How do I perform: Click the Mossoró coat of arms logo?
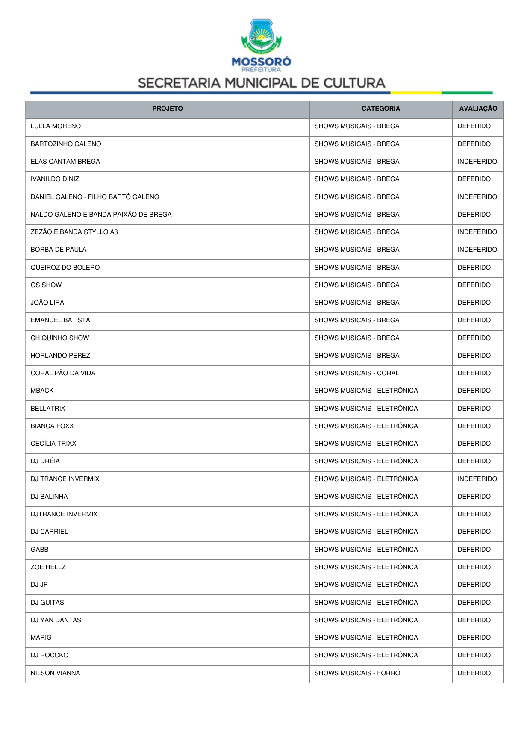pyautogui.click(x=261, y=35)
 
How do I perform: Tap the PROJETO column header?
pyautogui.click(x=168, y=109)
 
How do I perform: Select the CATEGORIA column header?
pyautogui.click(x=380, y=109)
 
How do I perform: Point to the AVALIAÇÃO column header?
pyautogui.click(x=478, y=109)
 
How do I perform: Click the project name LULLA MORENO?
pyautogui.click(x=56, y=126)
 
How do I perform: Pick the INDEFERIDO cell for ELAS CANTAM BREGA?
pyautogui.click(x=477, y=162)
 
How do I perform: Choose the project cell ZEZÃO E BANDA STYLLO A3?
pyautogui.click(x=74, y=232)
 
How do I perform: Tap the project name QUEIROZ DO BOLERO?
pyautogui.click(x=65, y=268)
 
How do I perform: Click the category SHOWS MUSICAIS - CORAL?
pyautogui.click(x=356, y=373)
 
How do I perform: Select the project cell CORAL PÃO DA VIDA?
pyautogui.click(x=63, y=373)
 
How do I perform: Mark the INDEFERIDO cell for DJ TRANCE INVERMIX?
pyautogui.click(x=477, y=479)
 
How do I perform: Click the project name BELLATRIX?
pyautogui.click(x=48, y=409)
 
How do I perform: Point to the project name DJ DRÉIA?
pyautogui.click(x=45, y=461)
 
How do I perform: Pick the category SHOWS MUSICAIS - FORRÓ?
pyautogui.click(x=357, y=673)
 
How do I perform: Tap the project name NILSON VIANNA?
pyautogui.click(x=55, y=673)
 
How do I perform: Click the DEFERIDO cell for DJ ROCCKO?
pyautogui.click(x=474, y=655)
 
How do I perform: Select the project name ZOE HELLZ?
pyautogui.click(x=48, y=567)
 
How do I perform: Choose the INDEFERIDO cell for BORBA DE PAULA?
pyautogui.click(x=477, y=250)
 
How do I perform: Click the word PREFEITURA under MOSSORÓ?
pyautogui.click(x=261, y=70)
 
